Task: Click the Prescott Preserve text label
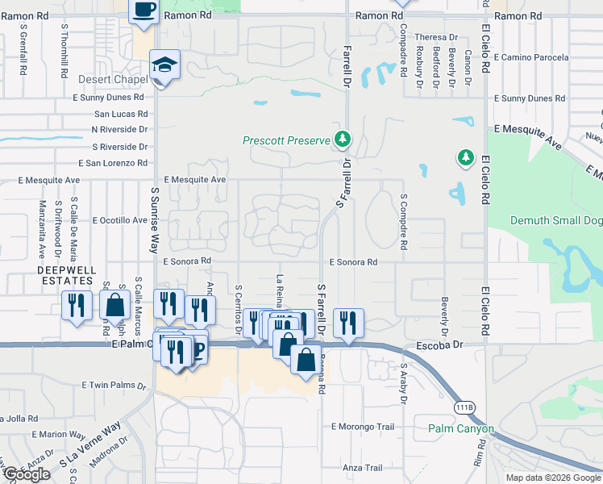tap(287, 140)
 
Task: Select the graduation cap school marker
tap(164, 65)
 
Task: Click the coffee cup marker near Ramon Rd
tap(143, 10)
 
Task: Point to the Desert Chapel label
tap(112, 80)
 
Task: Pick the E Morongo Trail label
tap(361, 426)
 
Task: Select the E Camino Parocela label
tap(531, 57)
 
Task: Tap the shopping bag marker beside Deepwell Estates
tap(115, 306)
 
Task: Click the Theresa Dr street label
tap(435, 37)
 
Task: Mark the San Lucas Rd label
tap(121, 115)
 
